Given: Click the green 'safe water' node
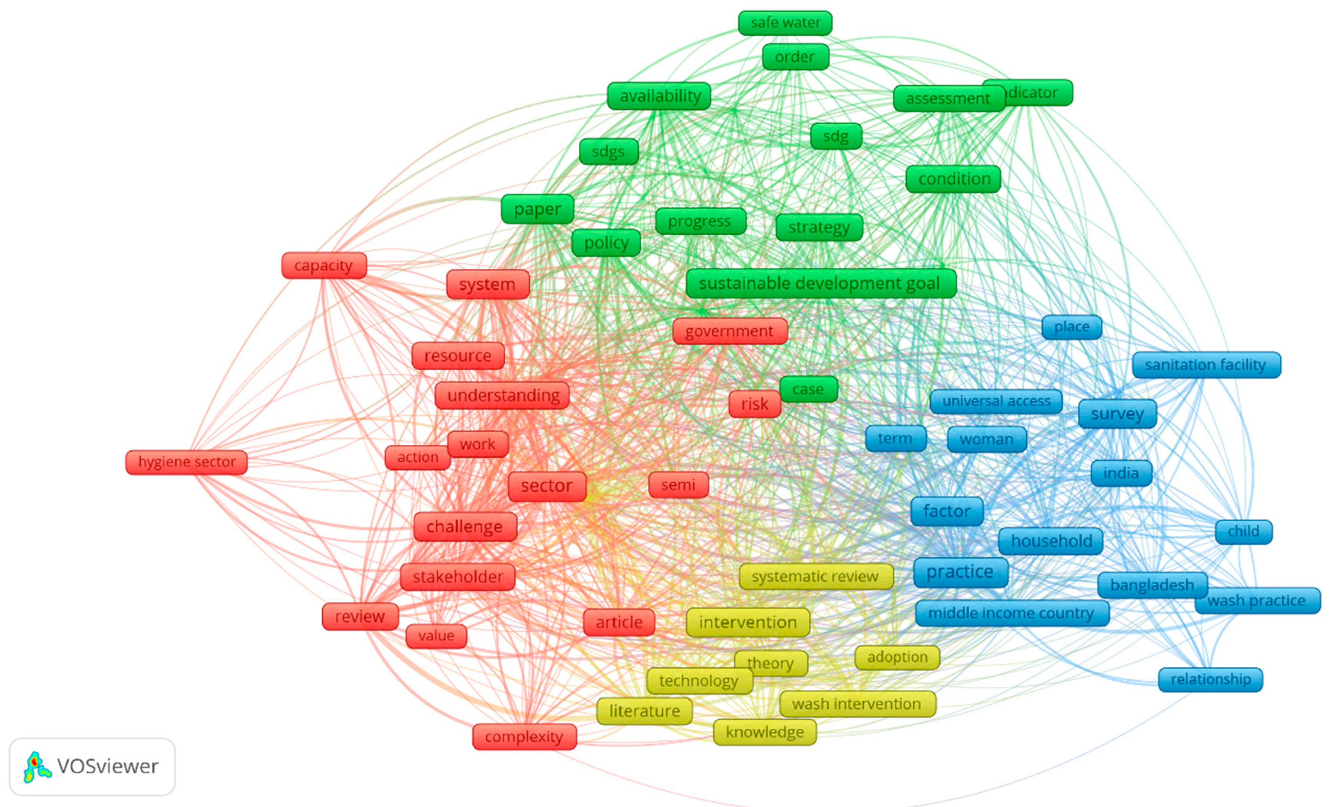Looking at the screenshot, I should (x=785, y=23).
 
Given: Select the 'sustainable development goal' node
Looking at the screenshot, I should (x=820, y=283).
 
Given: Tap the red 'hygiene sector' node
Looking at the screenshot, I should (x=187, y=462).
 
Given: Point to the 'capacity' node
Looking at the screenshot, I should (x=324, y=266).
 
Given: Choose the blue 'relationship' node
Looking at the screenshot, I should (x=1210, y=679).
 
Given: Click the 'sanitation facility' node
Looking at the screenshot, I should (x=1206, y=365).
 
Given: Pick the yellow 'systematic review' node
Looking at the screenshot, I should (x=815, y=576).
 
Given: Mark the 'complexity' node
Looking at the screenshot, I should (x=524, y=736).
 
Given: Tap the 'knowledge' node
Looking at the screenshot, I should (x=765, y=732).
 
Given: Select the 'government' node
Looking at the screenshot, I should (x=729, y=331).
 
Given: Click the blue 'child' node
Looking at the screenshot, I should (x=1243, y=532).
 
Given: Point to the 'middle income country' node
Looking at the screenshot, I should (x=1011, y=613).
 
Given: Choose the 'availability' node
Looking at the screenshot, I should (x=659, y=96).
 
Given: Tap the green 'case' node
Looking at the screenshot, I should (x=808, y=389).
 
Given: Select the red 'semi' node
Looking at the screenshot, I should (x=678, y=485).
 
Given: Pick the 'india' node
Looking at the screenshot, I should (x=1121, y=473).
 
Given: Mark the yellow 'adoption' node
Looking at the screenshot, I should (x=897, y=657).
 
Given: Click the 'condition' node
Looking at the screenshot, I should (x=954, y=179).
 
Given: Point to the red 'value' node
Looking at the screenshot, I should (x=436, y=636).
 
